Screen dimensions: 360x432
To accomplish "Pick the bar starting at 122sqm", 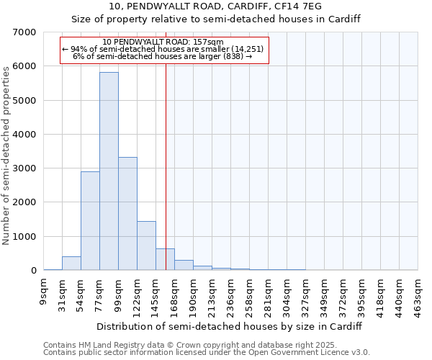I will [x=146, y=246].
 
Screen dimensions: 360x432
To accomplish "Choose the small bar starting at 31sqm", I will [x=71, y=264].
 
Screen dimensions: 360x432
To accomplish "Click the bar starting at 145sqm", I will [x=165, y=259].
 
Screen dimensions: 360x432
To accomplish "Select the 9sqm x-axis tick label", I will [x=44, y=292].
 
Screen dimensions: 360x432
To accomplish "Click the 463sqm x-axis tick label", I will [x=418, y=295].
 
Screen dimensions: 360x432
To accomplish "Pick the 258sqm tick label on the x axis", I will [x=250, y=295].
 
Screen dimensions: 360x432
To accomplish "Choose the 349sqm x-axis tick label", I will [x=325, y=295].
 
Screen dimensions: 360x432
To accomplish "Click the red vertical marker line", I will [x=166, y=180].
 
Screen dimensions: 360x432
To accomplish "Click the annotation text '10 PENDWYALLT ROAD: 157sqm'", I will [x=164, y=42].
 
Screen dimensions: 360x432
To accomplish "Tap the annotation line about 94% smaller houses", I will [x=164, y=49].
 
